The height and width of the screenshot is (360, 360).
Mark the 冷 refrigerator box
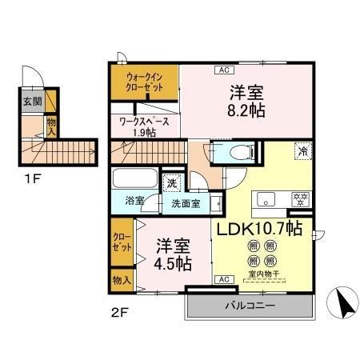pos(303,151)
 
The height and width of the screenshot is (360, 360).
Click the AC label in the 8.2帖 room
pos(222,70)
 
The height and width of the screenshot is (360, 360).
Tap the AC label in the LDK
pos(224,279)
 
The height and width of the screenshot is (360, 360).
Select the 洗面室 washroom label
pos(186,203)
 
